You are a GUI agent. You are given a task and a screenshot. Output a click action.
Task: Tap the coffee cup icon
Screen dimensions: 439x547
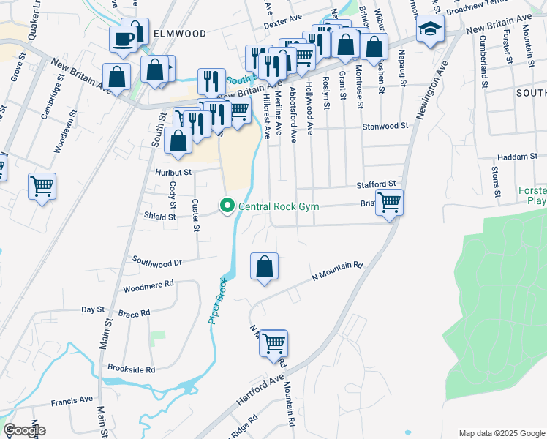(123, 38)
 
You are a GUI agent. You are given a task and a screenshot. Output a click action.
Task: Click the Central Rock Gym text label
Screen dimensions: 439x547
(279, 207)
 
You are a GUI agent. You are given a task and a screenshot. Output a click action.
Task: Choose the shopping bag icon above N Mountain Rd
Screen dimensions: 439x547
(264, 266)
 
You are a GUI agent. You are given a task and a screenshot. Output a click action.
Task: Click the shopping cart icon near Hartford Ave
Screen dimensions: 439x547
(273, 342)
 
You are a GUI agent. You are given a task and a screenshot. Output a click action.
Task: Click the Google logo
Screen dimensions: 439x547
(24, 430)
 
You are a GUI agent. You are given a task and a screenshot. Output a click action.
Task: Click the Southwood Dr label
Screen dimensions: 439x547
(156, 260)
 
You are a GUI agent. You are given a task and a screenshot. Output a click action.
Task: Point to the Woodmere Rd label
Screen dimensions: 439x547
(148, 283)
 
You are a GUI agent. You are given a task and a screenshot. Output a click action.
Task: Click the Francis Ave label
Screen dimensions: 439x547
(72, 400)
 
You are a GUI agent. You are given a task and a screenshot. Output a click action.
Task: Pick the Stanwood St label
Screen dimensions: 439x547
(384, 127)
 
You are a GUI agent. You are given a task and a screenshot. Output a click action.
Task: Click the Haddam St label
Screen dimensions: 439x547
(517, 157)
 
